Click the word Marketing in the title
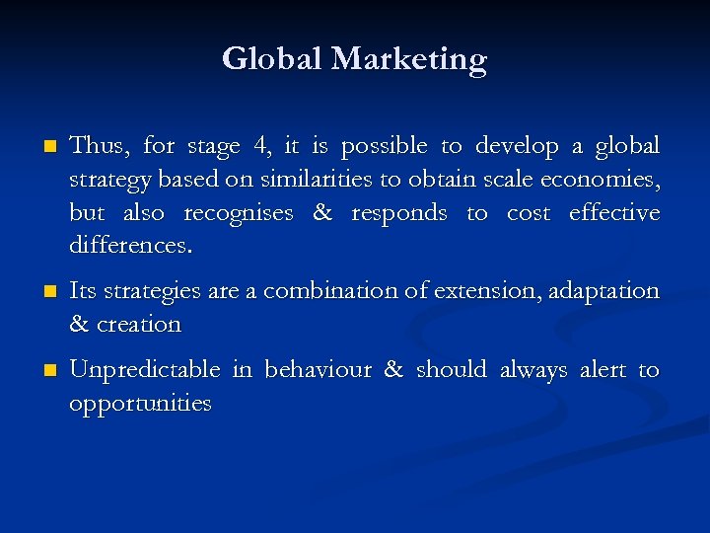point(408,60)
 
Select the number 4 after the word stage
point(260,147)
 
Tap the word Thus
point(99,147)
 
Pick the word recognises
point(238,213)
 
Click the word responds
point(399,213)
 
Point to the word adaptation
point(601,292)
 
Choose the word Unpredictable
point(145,370)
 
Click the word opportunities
point(140,404)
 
